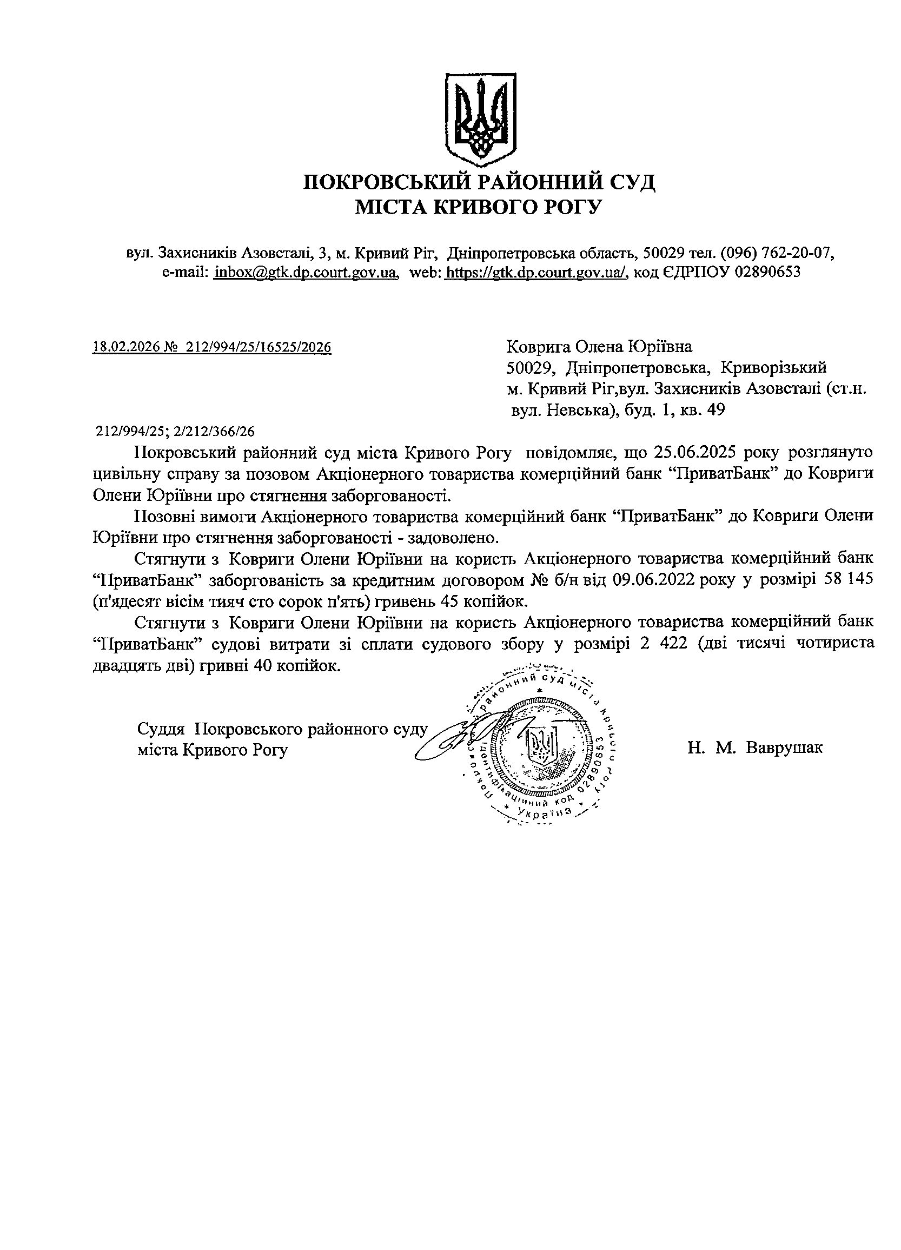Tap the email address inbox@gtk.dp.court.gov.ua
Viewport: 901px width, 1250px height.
pyautogui.click(x=306, y=272)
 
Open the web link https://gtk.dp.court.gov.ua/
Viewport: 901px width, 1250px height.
pyautogui.click(x=536, y=272)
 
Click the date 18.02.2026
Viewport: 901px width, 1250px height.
pyautogui.click(x=125, y=347)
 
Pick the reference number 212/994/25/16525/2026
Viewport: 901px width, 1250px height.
pyautogui.click(x=259, y=347)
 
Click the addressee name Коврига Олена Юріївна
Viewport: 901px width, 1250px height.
pyautogui.click(x=599, y=347)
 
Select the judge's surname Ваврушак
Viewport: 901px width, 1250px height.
pyautogui.click(x=785, y=748)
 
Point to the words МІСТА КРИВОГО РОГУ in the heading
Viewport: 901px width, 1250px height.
pyautogui.click(x=479, y=207)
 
